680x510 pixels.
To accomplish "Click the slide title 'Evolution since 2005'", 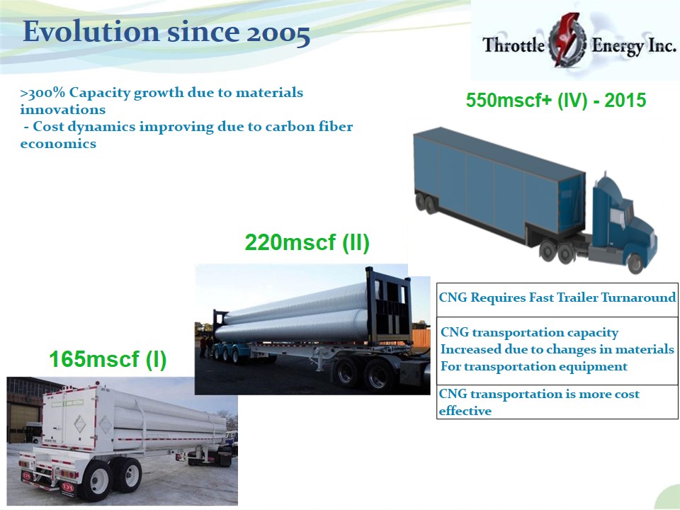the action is click(x=166, y=32).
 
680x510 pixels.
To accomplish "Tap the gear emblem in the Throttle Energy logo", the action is click(x=567, y=41).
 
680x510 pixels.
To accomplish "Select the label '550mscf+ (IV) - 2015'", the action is click(x=556, y=100).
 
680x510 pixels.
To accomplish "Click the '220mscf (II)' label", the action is click(x=307, y=242).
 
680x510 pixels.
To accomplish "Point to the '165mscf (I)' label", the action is click(x=108, y=359).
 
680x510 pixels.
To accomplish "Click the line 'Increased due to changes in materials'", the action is click(x=557, y=349).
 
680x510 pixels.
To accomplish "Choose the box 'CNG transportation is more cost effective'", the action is click(x=557, y=402).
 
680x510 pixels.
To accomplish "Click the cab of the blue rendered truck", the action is click(x=623, y=217).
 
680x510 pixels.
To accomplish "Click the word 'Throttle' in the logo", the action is click(x=514, y=45).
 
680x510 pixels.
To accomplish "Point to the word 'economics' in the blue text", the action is click(x=58, y=144).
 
